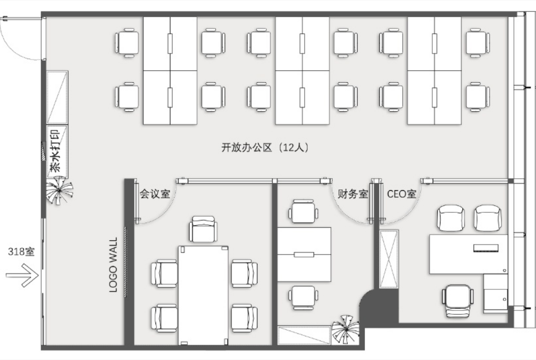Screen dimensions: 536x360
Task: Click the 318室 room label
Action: [21, 251]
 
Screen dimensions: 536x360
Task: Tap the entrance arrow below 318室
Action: [22, 275]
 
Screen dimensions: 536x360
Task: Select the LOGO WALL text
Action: [113, 265]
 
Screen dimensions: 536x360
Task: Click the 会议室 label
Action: [155, 194]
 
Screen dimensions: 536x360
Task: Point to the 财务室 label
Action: [353, 194]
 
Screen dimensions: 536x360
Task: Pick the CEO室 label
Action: [402, 194]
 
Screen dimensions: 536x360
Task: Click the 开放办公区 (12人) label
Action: [265, 148]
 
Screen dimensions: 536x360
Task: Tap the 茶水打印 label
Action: [55, 150]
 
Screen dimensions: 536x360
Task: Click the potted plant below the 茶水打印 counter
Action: [60, 190]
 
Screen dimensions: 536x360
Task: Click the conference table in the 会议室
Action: [203, 295]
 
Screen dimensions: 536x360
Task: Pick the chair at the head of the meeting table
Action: [203, 229]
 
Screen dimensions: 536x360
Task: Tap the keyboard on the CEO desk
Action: [486, 248]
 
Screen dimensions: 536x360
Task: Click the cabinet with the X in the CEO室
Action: [389, 259]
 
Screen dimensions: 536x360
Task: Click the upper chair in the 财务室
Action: [304, 211]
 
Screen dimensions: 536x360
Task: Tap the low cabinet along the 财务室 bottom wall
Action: [304, 335]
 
